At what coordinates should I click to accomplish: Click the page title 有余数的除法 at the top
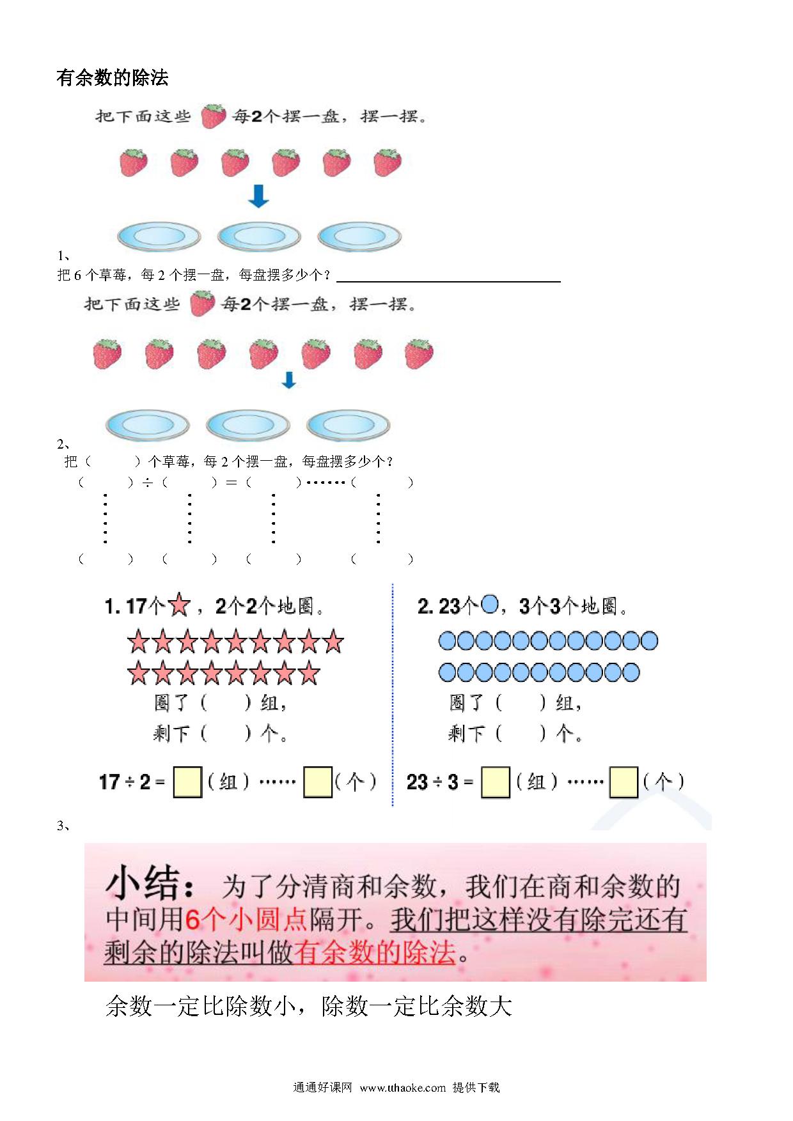tap(113, 78)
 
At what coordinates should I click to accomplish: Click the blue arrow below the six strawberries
tap(258, 196)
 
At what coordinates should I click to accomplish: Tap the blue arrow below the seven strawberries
tap(289, 380)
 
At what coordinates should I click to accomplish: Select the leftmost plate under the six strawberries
tap(159, 236)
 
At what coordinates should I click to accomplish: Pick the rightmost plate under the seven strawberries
tap(348, 424)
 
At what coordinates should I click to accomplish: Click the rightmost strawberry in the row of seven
tap(419, 354)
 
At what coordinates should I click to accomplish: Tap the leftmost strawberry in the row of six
tap(134, 162)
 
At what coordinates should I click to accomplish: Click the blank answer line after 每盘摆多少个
tap(448, 281)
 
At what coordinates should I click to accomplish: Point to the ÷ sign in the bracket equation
tap(148, 483)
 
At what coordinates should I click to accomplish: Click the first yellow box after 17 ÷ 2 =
tap(187, 782)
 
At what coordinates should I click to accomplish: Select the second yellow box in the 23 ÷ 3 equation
tap(624, 782)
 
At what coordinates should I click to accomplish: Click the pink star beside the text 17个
tap(178, 605)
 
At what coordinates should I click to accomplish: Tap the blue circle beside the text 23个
tap(489, 603)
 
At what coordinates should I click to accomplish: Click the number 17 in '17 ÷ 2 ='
tap(109, 782)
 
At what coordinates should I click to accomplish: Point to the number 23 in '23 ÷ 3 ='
tap(417, 782)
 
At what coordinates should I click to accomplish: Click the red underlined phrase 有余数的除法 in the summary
tap(375, 952)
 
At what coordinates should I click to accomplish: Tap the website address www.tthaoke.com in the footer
tap(402, 1088)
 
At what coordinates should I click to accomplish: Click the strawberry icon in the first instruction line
tap(213, 116)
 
